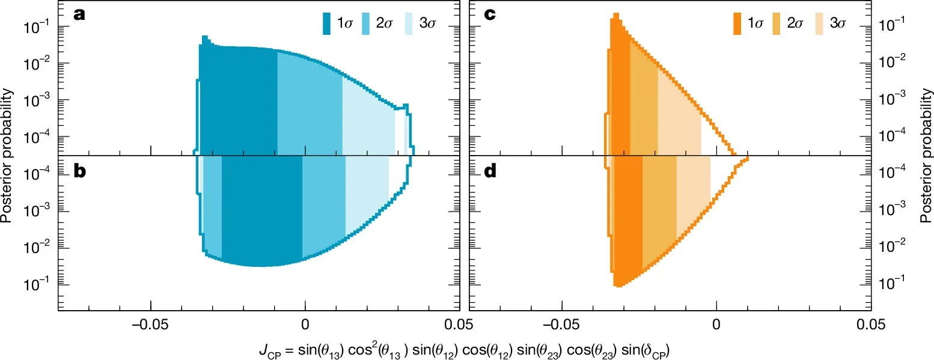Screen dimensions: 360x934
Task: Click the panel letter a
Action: pyautogui.click(x=79, y=14)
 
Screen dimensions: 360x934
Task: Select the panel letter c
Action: pyautogui.click(x=490, y=14)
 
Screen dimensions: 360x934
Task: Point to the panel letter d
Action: pyautogui.click(x=490, y=172)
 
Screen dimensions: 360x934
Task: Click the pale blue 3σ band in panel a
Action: pyautogui.click(x=368, y=120)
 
